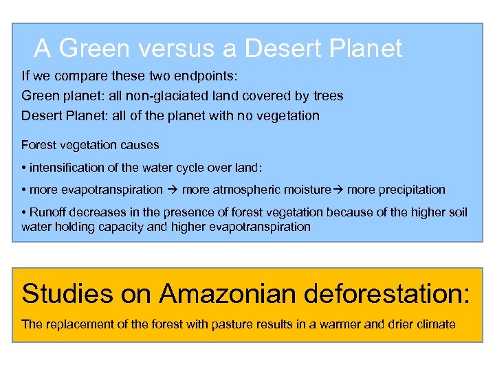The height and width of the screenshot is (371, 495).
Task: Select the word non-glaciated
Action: [157, 95]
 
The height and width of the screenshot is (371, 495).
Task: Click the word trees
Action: [326, 95]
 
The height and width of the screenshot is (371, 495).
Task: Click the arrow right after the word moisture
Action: [338, 189]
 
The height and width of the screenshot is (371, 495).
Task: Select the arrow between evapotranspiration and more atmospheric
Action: [173, 189]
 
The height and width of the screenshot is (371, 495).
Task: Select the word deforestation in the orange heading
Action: [383, 293]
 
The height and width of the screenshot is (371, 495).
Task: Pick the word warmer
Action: [338, 324]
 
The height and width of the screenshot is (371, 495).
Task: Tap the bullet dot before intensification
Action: [24, 167]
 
